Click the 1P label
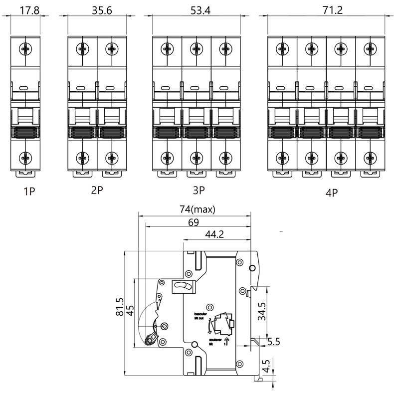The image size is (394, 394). [28, 191]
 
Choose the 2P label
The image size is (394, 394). [97, 191]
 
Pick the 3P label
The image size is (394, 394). [198, 191]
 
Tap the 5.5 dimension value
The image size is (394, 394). [274, 342]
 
